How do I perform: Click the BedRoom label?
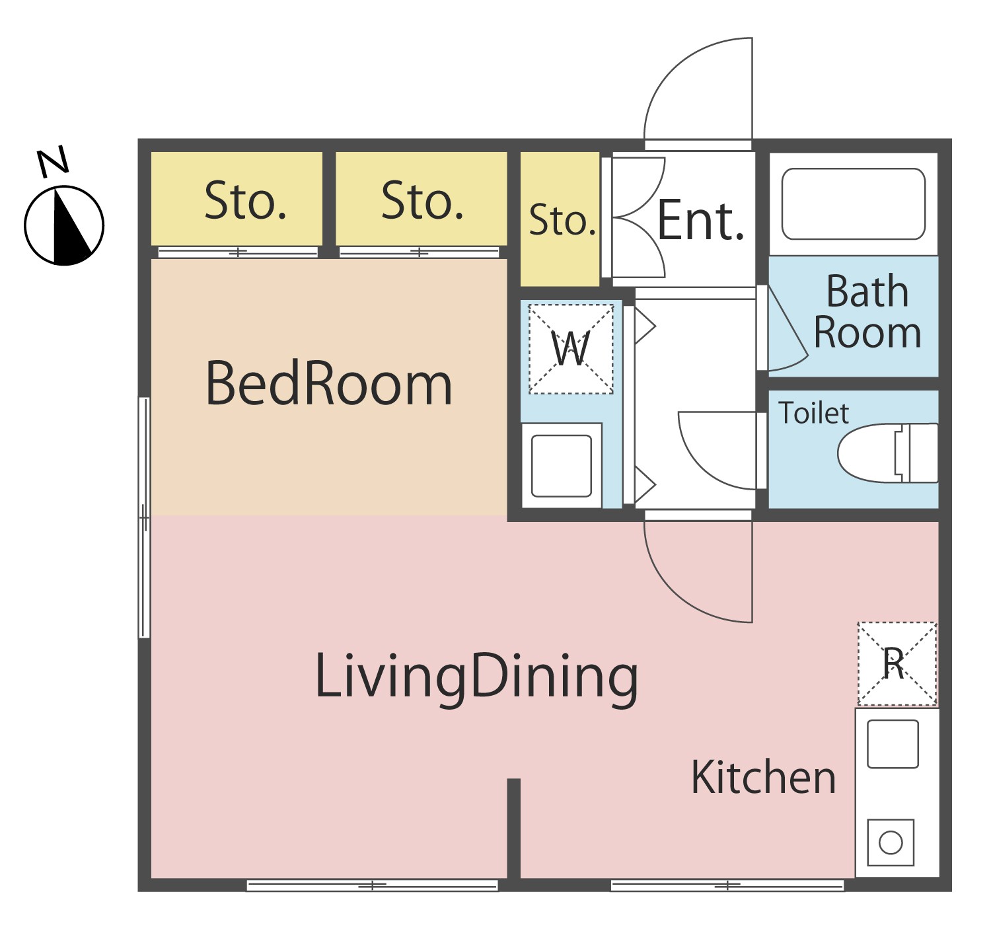(328, 383)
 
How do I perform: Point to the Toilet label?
(813, 413)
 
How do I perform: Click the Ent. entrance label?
(700, 219)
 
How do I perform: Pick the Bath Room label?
(867, 311)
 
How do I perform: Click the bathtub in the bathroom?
(854, 204)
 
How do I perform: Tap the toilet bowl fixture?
(888, 453)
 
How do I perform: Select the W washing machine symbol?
(571, 349)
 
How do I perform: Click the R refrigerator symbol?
(897, 663)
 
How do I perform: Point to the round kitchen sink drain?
(891, 844)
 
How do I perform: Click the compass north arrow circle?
(64, 225)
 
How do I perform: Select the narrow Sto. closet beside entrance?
(560, 219)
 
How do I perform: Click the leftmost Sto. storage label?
(246, 201)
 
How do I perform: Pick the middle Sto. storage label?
(422, 201)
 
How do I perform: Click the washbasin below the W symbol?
(562, 466)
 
